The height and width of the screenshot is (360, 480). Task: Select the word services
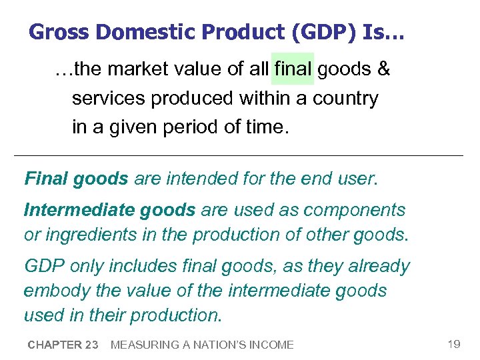point(109,99)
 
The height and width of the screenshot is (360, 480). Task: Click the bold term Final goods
point(76,179)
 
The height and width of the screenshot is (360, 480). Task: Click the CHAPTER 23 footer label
point(63,345)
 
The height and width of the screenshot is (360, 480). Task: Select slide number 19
point(454,344)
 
